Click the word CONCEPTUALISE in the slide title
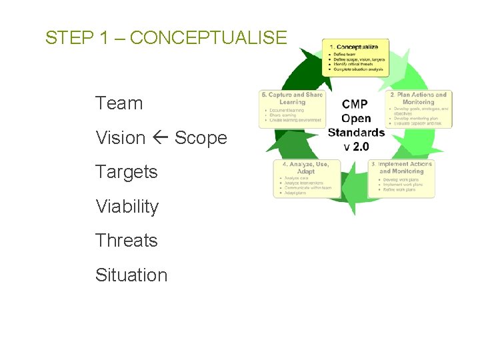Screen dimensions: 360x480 click(x=208, y=38)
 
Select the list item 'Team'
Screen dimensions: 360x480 click(x=119, y=103)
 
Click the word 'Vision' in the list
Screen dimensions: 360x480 click(x=120, y=138)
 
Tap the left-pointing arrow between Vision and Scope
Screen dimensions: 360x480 click(x=160, y=138)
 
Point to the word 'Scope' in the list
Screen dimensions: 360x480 click(x=201, y=138)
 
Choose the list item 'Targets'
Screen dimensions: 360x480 click(x=126, y=172)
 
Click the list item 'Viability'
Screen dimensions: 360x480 click(x=127, y=207)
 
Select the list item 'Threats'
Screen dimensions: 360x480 click(x=126, y=240)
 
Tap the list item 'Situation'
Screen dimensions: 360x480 click(x=131, y=275)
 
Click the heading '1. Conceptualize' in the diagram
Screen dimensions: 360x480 click(x=354, y=47)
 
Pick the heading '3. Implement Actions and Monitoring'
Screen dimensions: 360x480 click(x=401, y=167)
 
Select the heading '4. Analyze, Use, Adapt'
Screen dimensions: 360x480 click(x=307, y=167)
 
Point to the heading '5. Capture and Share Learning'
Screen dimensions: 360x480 click(x=292, y=99)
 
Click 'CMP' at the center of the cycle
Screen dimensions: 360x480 click(x=355, y=104)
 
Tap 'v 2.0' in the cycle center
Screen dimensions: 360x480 click(x=355, y=146)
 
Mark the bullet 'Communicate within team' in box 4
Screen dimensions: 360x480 click(x=307, y=187)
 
